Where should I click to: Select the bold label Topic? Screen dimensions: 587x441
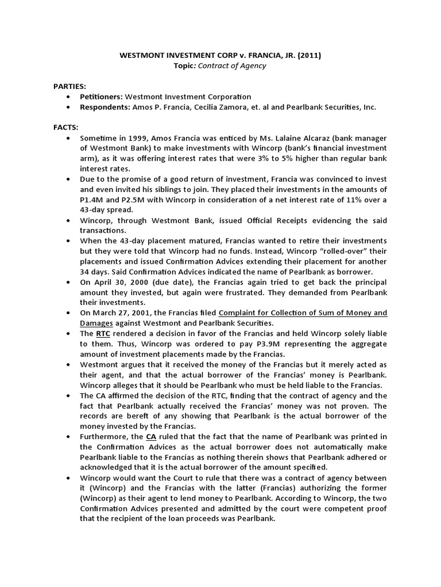[187, 66]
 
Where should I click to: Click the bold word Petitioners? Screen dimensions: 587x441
[102, 96]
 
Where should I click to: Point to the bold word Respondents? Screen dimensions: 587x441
[105, 107]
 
